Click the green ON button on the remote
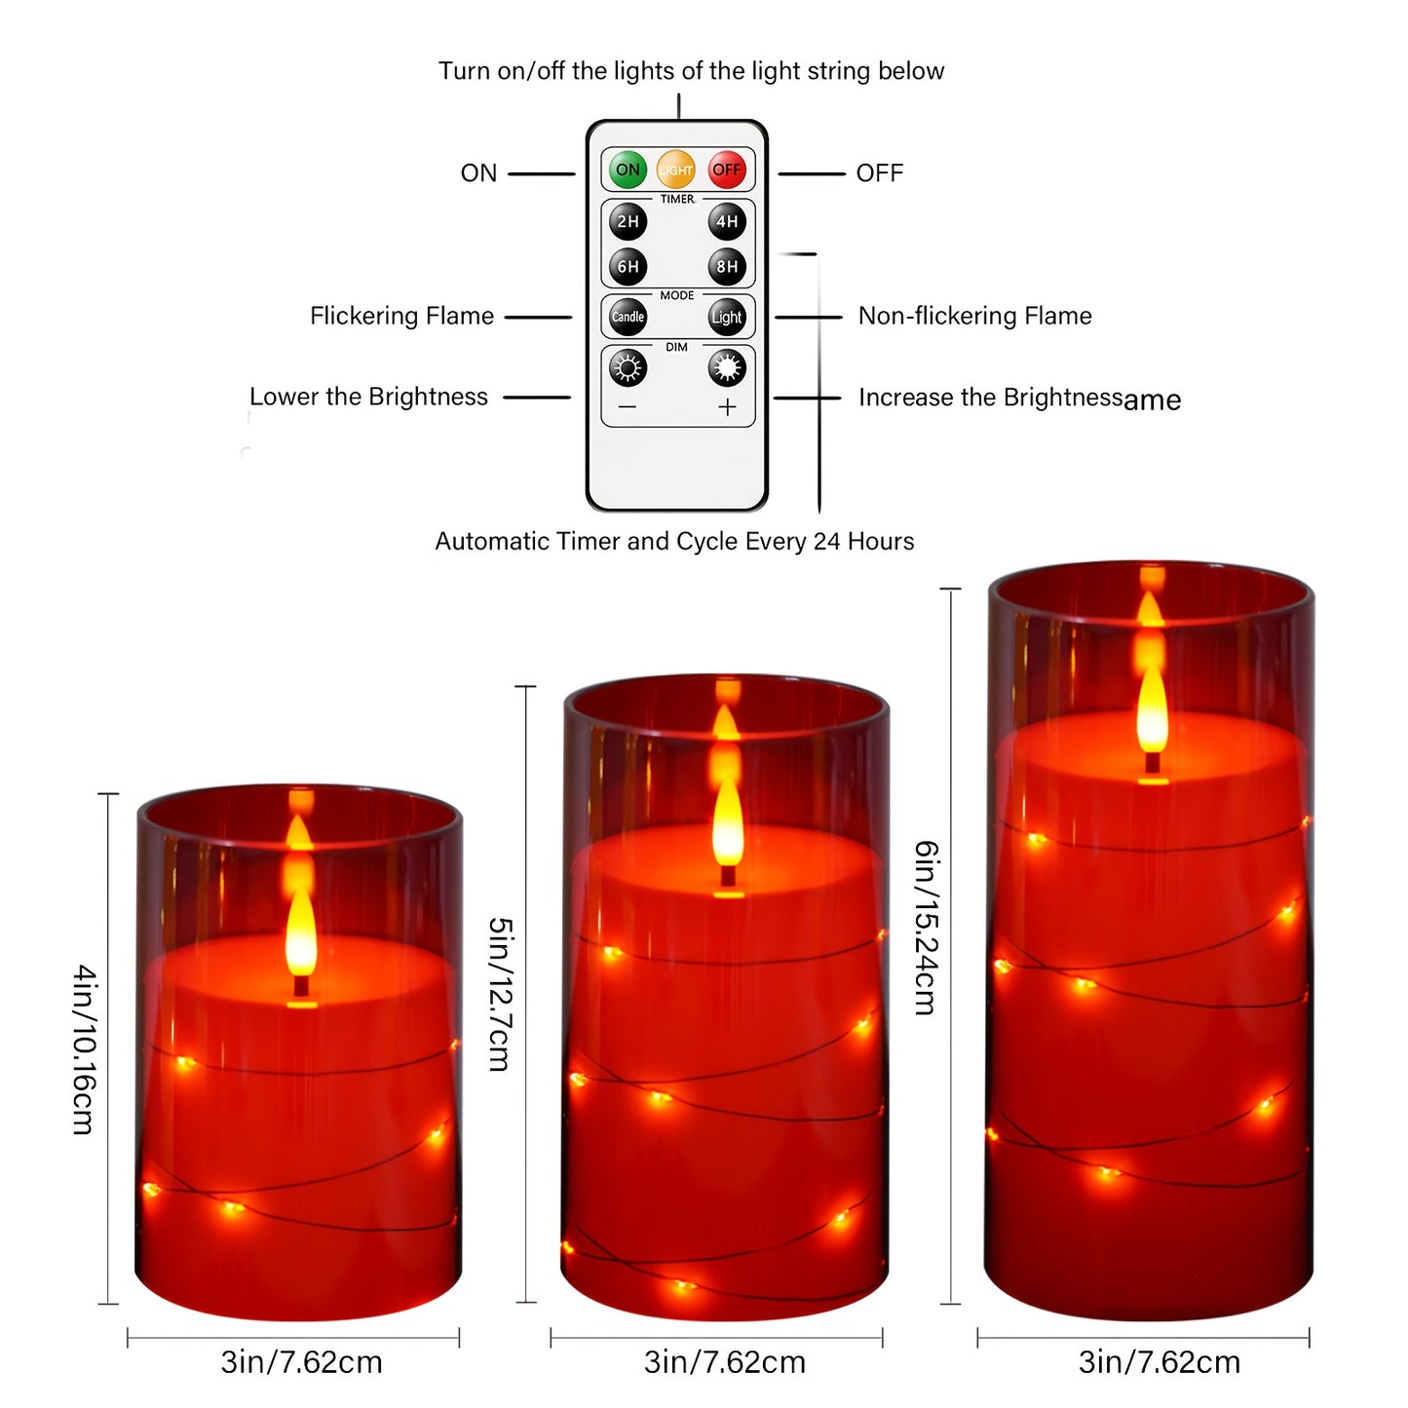[x=628, y=170]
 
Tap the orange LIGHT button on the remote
[x=676, y=170]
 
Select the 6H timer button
[x=628, y=267]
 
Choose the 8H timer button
[x=727, y=267]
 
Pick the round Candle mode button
[x=628, y=317]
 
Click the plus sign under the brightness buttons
[x=727, y=407]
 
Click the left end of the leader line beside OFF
[x=779, y=173]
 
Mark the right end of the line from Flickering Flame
[x=571, y=317]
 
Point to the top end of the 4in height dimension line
[x=108, y=793]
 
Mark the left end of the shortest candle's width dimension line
[x=128, y=1339]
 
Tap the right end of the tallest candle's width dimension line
[x=1310, y=1339]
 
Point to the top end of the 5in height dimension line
[x=526, y=687]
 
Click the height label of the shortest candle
[x=84, y=1049]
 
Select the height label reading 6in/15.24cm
[x=926, y=928]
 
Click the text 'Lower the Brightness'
[x=368, y=397]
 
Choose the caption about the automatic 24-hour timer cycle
[x=674, y=542]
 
